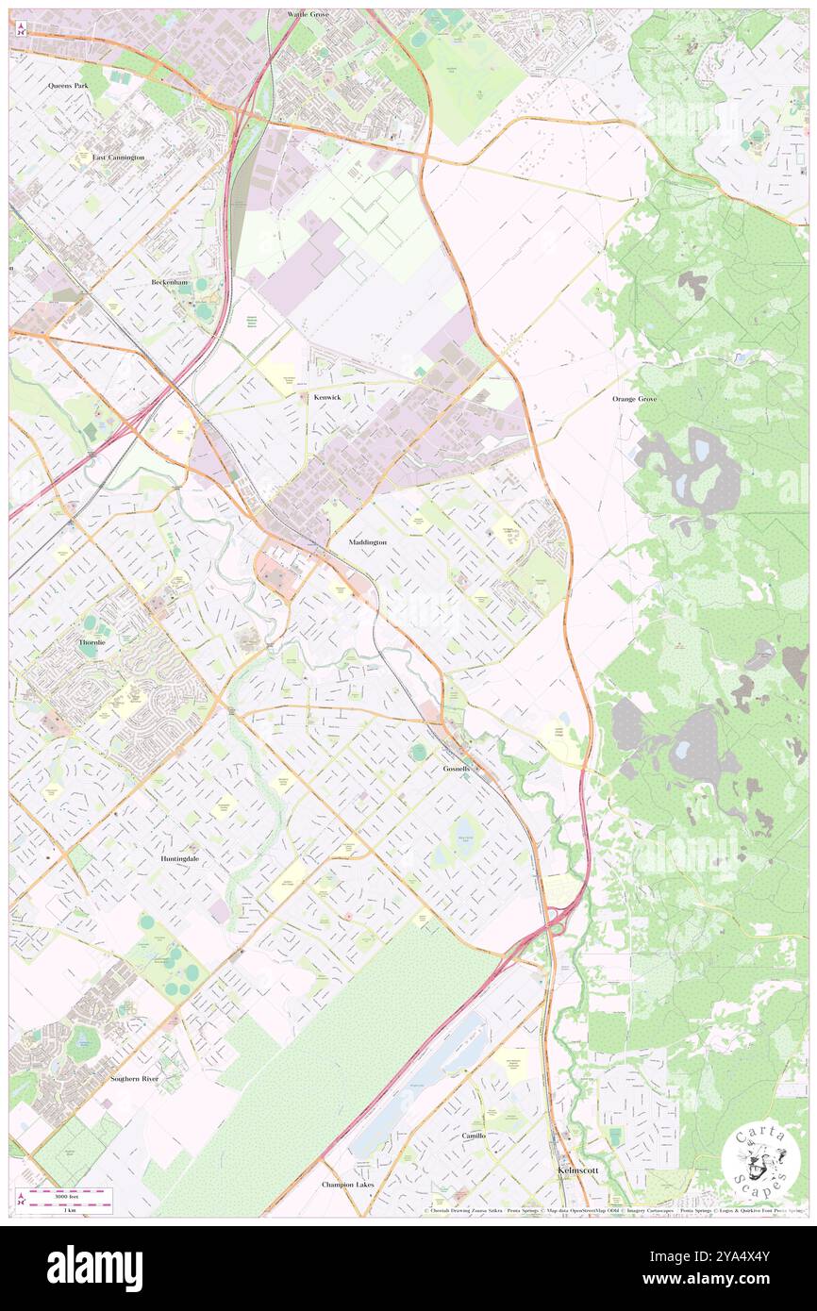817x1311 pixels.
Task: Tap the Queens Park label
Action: point(67,85)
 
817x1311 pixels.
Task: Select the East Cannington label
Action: point(118,158)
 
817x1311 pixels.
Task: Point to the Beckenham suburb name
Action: point(171,282)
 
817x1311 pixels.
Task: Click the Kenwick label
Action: point(327,398)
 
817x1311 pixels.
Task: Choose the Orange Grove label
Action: point(634,399)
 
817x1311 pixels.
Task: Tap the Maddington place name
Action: point(367,543)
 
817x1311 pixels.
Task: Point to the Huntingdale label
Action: point(178,860)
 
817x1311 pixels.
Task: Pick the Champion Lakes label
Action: point(347,1185)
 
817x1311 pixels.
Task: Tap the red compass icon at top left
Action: point(21,27)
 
